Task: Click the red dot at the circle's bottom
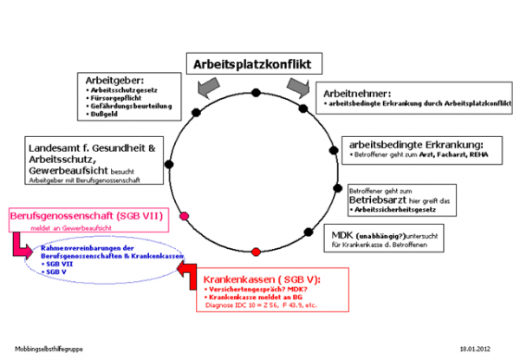[256, 252]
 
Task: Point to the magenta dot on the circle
[184, 214]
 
